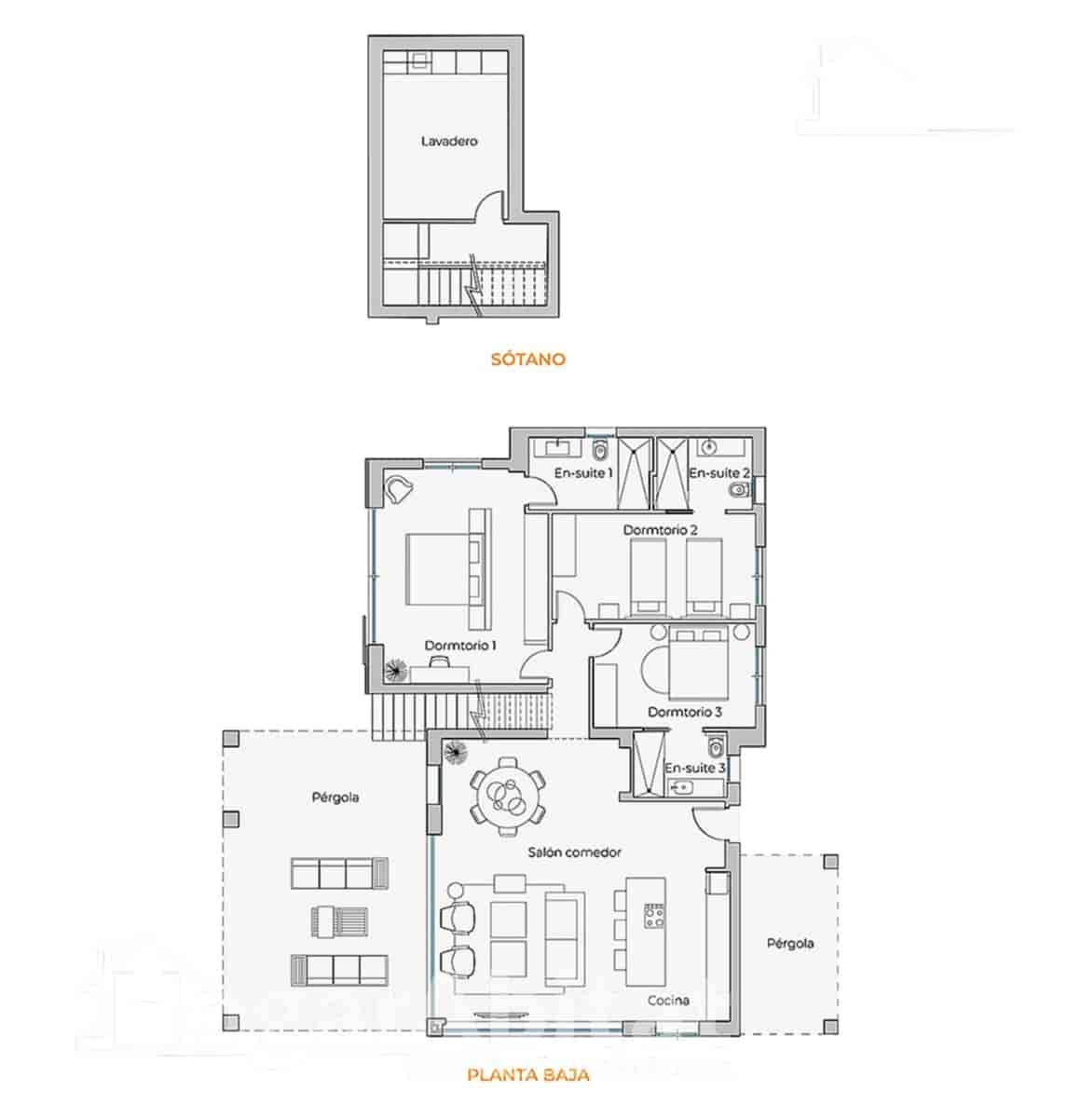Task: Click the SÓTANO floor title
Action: (527, 359)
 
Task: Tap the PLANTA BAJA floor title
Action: (527, 1075)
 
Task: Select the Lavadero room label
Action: (449, 142)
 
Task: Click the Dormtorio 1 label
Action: (460, 645)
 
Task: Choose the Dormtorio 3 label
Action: (685, 712)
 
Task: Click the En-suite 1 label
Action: (583, 473)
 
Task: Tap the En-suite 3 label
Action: (695, 768)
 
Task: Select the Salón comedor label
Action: (574, 852)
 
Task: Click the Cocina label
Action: (670, 1000)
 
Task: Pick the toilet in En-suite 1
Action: (600, 452)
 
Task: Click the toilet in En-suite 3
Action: (716, 748)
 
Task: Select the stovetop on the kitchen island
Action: (652, 916)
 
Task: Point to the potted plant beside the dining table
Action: (457, 751)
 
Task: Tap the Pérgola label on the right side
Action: (790, 943)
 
